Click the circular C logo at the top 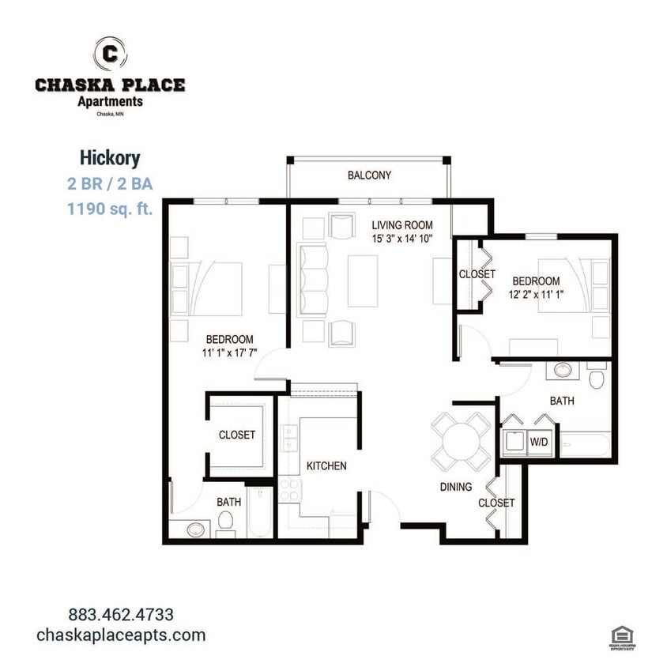pos(110,53)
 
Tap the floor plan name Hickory pos(110,158)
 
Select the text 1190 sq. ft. pos(110,209)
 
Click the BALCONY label pos(369,175)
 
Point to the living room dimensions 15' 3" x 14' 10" pos(402,238)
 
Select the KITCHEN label pos(326,465)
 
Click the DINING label pos(456,487)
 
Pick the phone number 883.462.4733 pos(121,614)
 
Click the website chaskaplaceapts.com pos(121,635)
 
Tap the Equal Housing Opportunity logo pos(622,637)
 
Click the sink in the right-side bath pos(562,370)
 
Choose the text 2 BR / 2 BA pos(110,184)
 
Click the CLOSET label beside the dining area pos(496,503)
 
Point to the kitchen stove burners pos(288,490)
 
